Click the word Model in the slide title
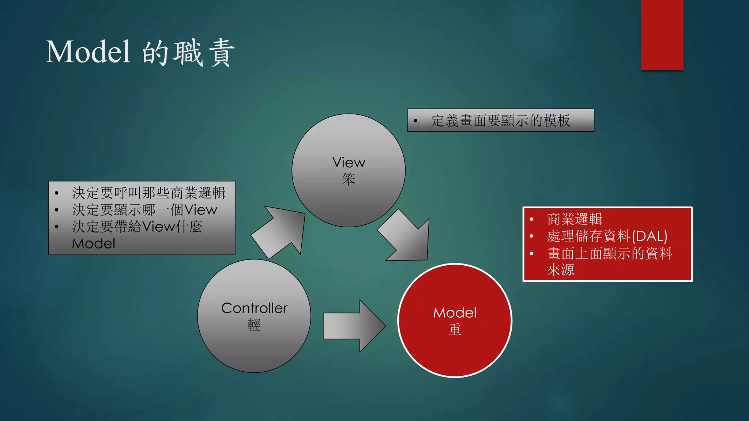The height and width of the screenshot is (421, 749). click(88, 52)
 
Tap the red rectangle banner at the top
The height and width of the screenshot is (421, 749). click(662, 35)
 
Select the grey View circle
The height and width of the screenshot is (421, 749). click(348, 146)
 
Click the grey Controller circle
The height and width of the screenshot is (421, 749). click(254, 347)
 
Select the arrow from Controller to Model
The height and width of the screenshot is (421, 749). click(353, 326)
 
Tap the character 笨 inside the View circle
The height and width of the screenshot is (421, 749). click(349, 179)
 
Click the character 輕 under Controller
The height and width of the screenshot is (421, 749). click(254, 325)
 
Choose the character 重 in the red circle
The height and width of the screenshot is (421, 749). click(455, 330)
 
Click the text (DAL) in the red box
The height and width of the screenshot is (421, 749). click(650, 236)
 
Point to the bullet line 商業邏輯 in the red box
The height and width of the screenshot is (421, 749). click(575, 219)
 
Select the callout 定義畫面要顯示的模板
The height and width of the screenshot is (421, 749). click(500, 121)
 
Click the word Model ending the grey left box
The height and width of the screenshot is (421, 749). click(94, 244)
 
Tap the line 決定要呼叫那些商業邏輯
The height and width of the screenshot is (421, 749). click(148, 193)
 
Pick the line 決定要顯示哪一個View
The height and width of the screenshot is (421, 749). click(144, 210)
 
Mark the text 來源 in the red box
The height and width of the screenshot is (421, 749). click(561, 270)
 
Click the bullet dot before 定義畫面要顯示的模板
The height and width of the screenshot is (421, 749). click(415, 121)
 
